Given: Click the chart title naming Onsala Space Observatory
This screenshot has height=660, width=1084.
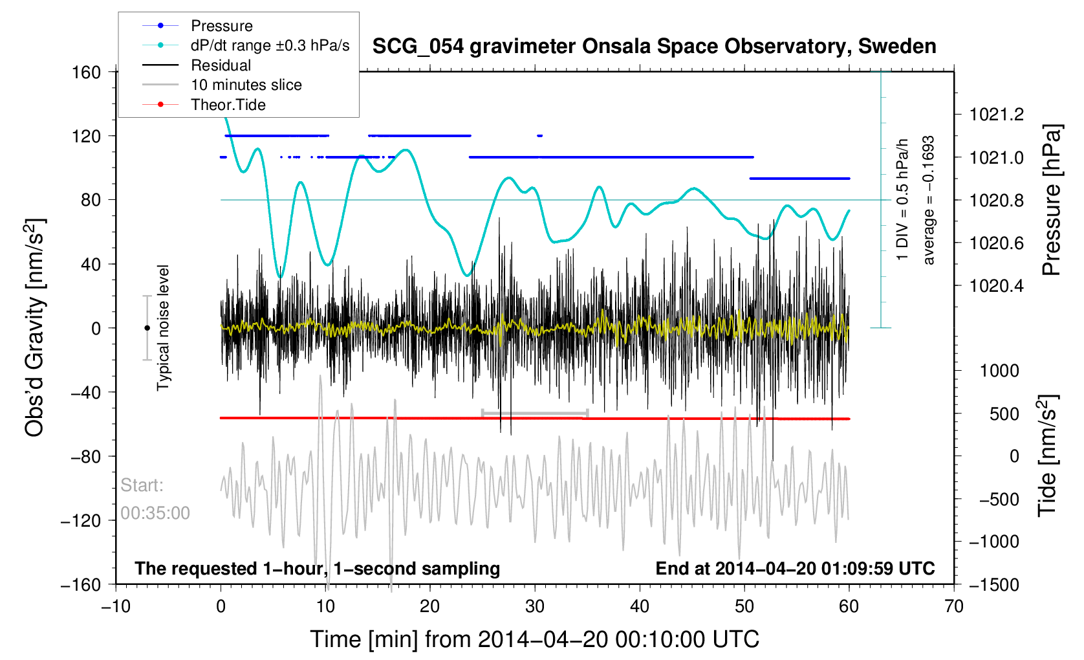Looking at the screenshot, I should (654, 47).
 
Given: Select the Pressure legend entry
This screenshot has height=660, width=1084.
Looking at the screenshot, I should (221, 26).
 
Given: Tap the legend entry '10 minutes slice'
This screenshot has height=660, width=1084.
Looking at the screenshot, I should (246, 85).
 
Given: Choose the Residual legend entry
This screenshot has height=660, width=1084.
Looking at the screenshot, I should (221, 65).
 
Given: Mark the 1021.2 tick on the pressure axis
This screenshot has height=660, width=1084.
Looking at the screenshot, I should (996, 115).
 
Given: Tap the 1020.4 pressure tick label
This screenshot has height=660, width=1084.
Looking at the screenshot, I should (996, 285).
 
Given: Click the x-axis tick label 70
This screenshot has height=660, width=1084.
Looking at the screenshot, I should (954, 606).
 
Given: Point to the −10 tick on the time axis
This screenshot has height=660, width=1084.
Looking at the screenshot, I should (116, 606).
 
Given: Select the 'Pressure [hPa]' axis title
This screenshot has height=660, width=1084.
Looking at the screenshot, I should (1052, 201).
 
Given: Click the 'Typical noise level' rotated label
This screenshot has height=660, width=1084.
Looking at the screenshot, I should (163, 328).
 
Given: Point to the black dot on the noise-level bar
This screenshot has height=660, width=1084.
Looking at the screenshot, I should (147, 328).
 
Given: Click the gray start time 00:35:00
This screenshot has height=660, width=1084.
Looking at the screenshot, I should (155, 513).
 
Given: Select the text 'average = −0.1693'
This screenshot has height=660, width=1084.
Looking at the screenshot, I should (929, 201).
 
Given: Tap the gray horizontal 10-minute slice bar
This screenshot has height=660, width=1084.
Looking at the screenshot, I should (535, 412).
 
